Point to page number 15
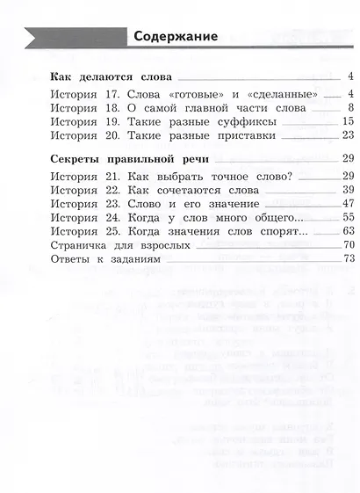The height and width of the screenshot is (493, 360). click(x=347, y=121)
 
